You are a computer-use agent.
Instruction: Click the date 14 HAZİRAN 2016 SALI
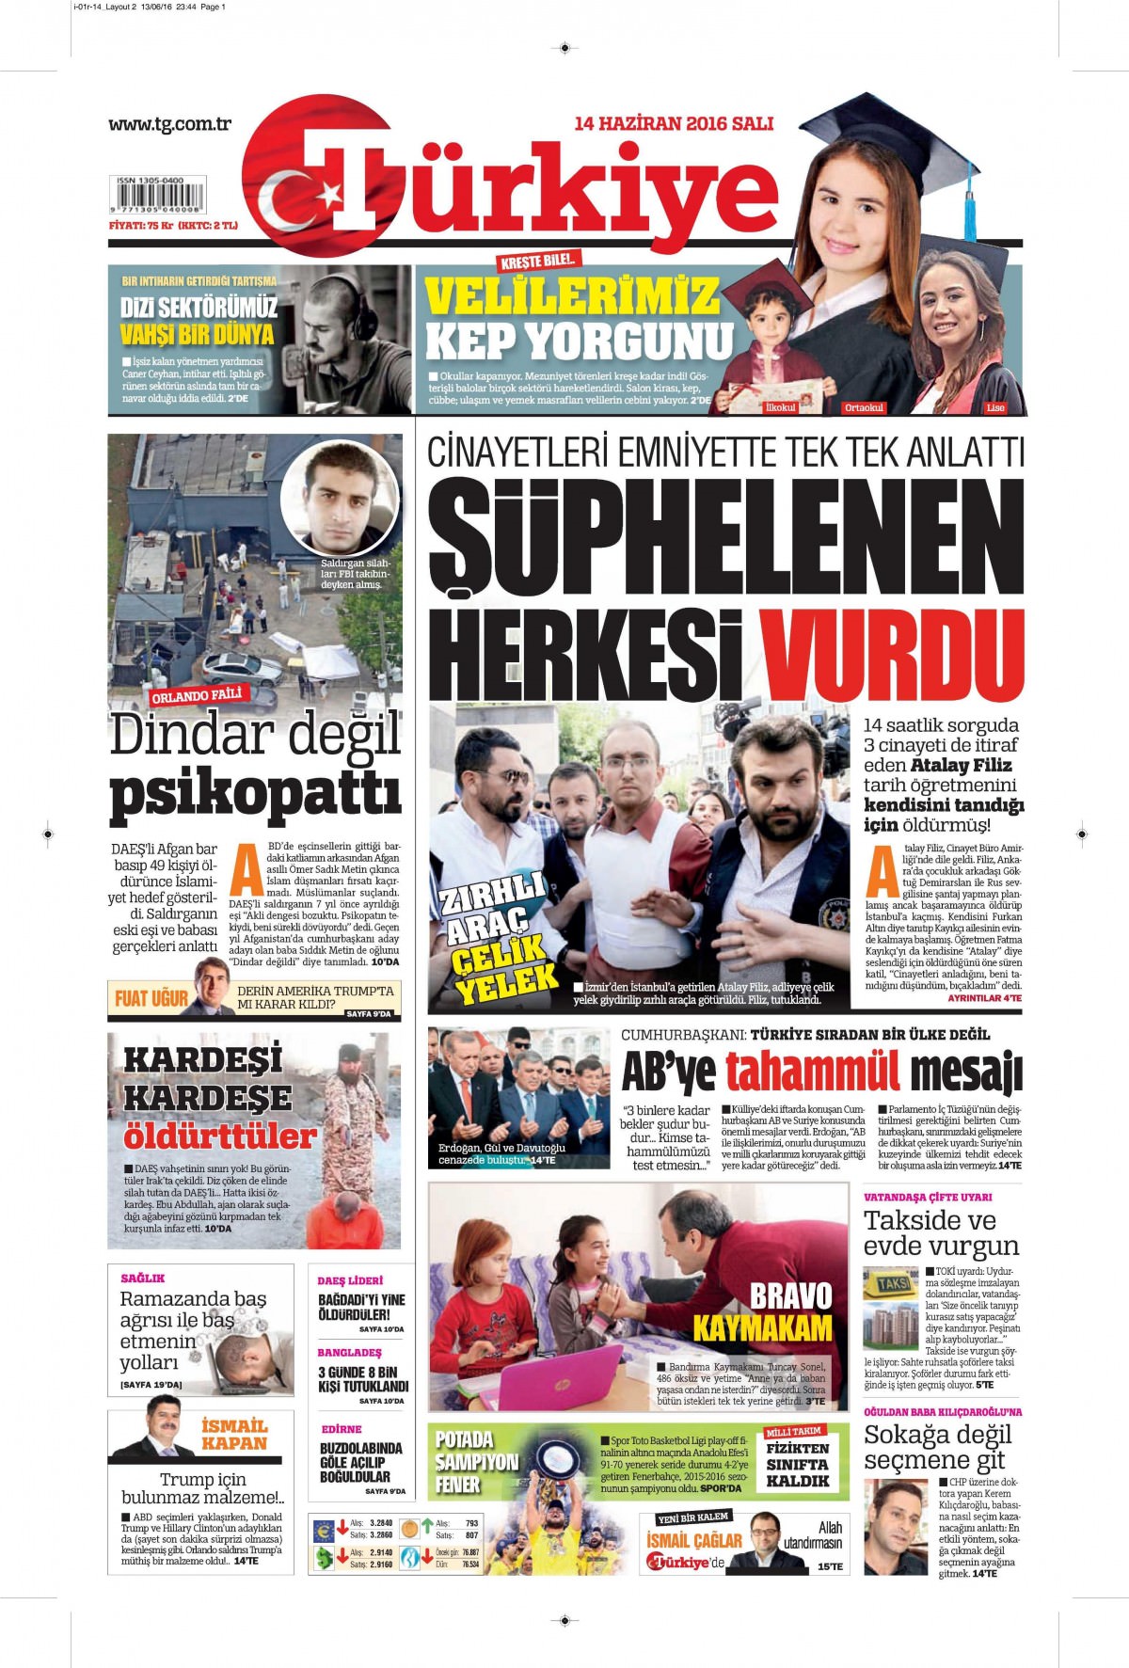click(673, 123)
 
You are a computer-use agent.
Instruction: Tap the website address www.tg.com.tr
click(169, 123)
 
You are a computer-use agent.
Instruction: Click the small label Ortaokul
click(863, 407)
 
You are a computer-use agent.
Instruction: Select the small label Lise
click(994, 407)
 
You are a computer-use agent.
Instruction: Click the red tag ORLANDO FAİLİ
click(197, 696)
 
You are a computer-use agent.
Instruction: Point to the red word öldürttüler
click(219, 1136)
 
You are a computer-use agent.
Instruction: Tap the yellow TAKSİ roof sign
click(891, 1283)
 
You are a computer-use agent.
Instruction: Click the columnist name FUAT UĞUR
click(151, 998)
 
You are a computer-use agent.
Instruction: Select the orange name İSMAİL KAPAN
click(234, 1434)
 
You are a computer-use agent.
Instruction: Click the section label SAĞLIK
click(143, 1278)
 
